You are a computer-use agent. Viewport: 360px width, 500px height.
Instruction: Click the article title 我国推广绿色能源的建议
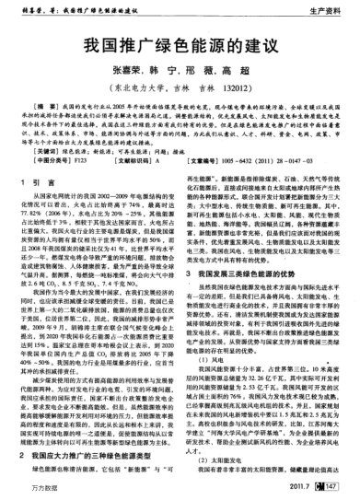180,44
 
